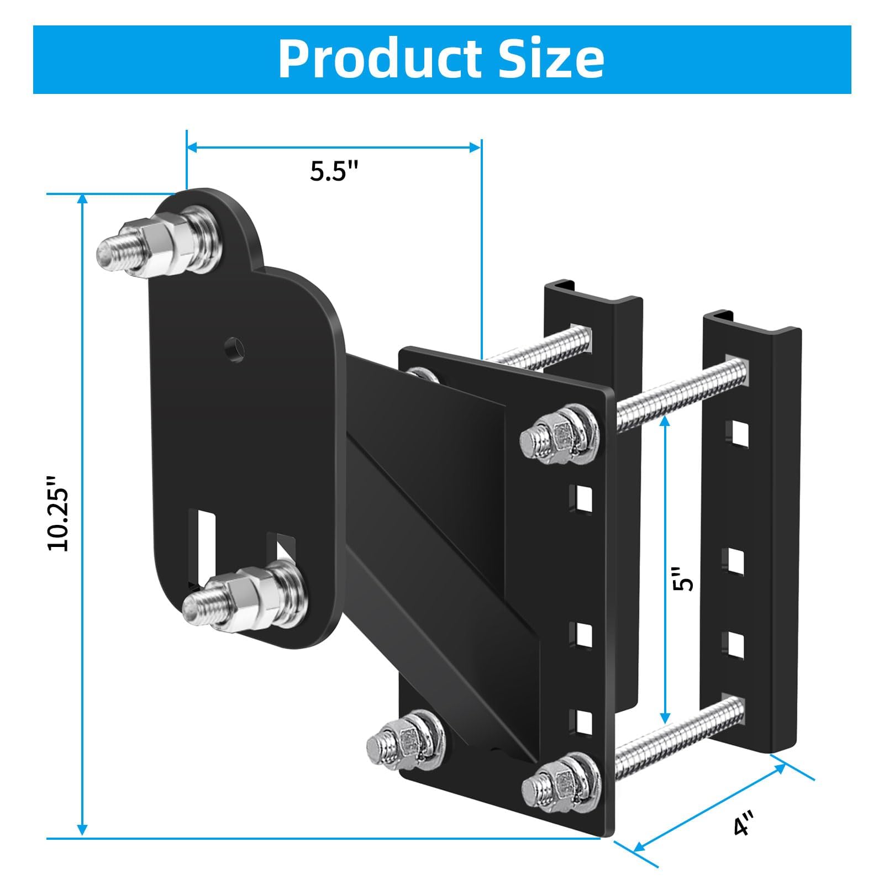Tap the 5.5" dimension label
coord(334,171)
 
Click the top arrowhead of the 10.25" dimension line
coord(82,200)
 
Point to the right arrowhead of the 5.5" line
coord(475,147)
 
